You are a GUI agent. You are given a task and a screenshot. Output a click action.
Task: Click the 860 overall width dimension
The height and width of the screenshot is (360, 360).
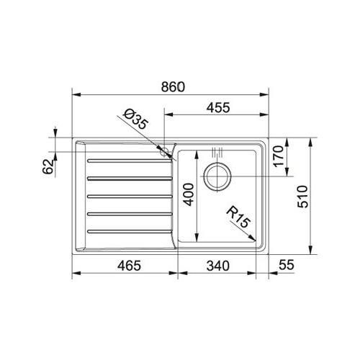point(173,87)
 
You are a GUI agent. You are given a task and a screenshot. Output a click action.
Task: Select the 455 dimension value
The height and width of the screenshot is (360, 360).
point(218,107)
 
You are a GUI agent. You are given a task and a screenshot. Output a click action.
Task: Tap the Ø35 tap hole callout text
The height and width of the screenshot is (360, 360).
point(135,120)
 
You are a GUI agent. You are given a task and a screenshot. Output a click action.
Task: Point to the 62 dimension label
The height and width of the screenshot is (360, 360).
point(48,166)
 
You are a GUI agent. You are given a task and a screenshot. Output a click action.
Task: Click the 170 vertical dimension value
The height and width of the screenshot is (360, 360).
point(279,156)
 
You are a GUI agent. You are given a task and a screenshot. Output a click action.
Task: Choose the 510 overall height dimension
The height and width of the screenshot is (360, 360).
point(302,197)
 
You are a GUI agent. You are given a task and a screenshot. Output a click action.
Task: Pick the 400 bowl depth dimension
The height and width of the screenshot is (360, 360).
point(188,194)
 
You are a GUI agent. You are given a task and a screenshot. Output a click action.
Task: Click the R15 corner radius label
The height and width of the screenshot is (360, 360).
point(238,217)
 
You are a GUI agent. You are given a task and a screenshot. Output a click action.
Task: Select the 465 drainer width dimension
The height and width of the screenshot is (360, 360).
point(129,266)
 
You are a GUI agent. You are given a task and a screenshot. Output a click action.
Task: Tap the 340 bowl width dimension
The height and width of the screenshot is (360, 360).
point(218,266)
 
